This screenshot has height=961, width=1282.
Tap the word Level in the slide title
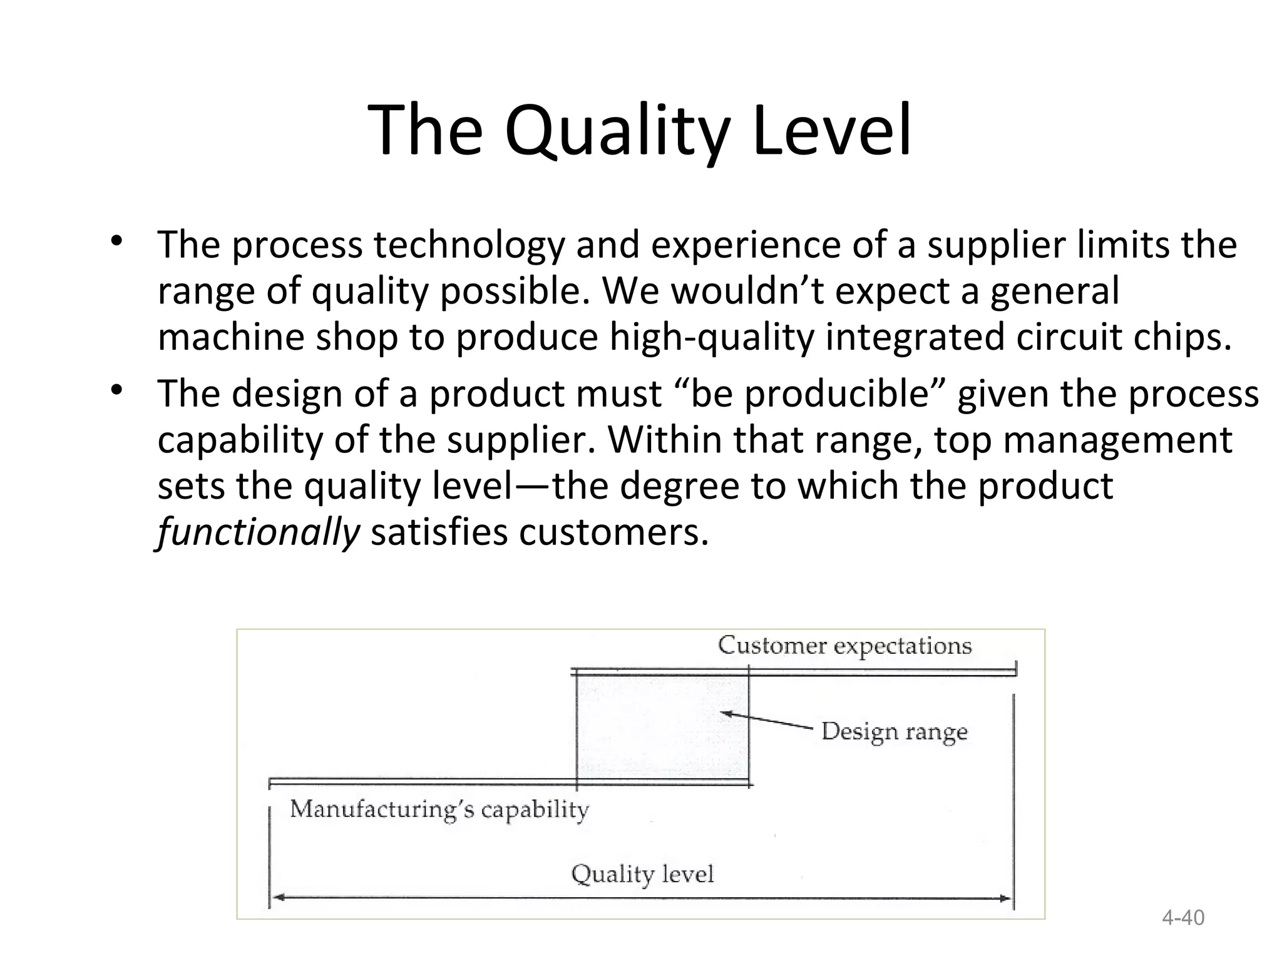click(x=833, y=131)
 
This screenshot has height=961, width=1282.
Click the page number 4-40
click(x=1182, y=918)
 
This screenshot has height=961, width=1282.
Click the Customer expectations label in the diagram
click(x=844, y=645)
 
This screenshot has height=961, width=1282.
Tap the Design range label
click(x=894, y=731)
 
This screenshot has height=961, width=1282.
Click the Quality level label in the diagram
click(x=642, y=873)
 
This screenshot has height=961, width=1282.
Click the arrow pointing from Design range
click(x=767, y=720)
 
